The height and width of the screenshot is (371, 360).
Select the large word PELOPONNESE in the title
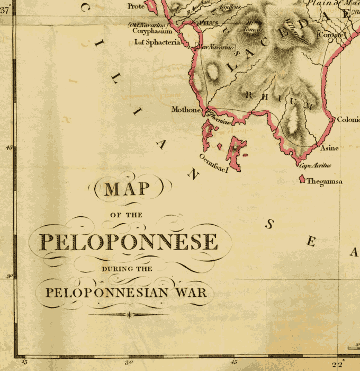tap(129, 242)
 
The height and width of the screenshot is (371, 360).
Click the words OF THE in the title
tap(126, 215)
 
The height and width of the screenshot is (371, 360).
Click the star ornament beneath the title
tap(129, 315)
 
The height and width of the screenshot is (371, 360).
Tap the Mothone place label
tap(186, 110)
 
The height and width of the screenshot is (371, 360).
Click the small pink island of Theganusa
tap(302, 180)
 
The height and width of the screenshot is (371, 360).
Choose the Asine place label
tap(329, 148)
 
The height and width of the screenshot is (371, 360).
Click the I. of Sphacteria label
tap(157, 42)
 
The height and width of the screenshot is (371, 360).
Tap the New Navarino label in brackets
tap(215, 48)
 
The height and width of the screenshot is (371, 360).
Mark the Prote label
tap(136, 6)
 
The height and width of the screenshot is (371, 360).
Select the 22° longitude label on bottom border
tap(337, 364)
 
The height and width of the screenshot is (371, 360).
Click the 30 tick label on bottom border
tap(128, 363)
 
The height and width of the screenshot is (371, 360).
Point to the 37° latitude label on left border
tap(5, 7)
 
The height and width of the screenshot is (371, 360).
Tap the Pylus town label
tap(204, 23)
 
